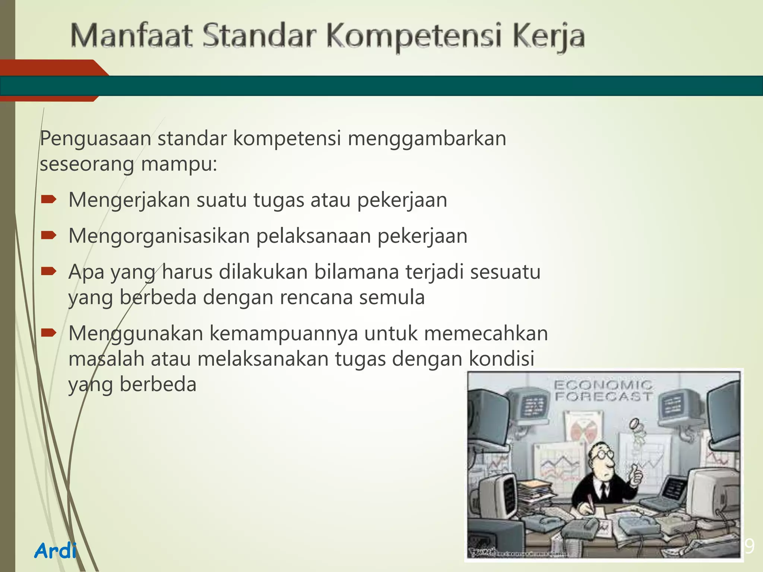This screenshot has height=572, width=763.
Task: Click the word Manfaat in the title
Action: pos(131,36)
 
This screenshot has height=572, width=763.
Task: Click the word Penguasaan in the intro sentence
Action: pos(95,139)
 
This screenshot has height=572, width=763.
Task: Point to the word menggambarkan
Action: pos(427,139)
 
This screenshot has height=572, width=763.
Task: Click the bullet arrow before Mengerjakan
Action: pos(48,200)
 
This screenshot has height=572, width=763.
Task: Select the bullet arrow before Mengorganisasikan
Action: pos(48,236)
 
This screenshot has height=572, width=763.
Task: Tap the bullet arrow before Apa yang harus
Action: pos(48,272)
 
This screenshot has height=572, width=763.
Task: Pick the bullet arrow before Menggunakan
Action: pos(48,333)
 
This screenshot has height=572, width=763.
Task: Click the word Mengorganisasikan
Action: pos(159,236)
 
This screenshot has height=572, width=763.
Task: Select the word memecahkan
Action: pos(486,333)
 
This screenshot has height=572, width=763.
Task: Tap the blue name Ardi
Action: pos(56,550)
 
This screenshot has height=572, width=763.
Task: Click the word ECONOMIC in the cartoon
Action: pos(603,385)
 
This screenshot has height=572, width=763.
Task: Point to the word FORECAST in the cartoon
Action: pos(604,397)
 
